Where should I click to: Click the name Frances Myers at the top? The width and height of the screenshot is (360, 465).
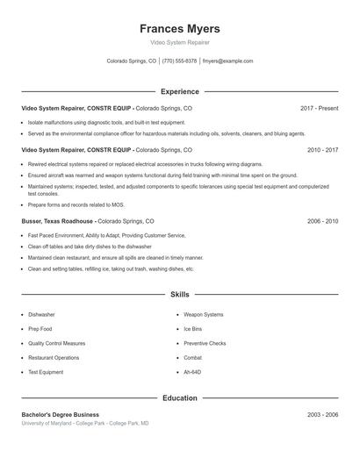[179, 28]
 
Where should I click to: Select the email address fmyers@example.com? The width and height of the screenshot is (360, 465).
[227, 61]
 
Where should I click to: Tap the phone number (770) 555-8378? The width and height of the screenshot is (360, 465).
[179, 61]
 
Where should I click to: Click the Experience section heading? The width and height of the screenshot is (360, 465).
[179, 91]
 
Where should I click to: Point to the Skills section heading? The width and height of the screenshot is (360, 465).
[179, 295]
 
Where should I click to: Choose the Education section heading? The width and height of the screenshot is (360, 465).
[179, 397]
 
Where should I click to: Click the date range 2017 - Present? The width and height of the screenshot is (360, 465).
[319, 108]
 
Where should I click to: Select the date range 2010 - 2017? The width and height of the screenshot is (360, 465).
[322, 150]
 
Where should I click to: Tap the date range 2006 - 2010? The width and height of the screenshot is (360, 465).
[322, 222]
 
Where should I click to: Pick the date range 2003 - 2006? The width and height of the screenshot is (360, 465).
[322, 414]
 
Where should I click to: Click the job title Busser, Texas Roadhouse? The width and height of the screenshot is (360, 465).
[58, 222]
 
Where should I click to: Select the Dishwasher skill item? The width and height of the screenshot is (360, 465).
[41, 314]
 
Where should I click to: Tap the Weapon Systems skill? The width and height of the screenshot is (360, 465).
[203, 314]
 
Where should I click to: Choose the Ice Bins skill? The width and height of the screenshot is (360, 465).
[192, 329]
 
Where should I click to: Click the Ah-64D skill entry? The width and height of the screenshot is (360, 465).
[192, 372]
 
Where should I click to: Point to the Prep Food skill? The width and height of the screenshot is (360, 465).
[40, 329]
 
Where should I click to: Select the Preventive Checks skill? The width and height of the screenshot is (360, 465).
[205, 343]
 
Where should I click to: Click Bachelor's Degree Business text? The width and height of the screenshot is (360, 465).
[60, 414]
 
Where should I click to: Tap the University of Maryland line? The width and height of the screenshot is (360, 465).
[84, 424]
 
